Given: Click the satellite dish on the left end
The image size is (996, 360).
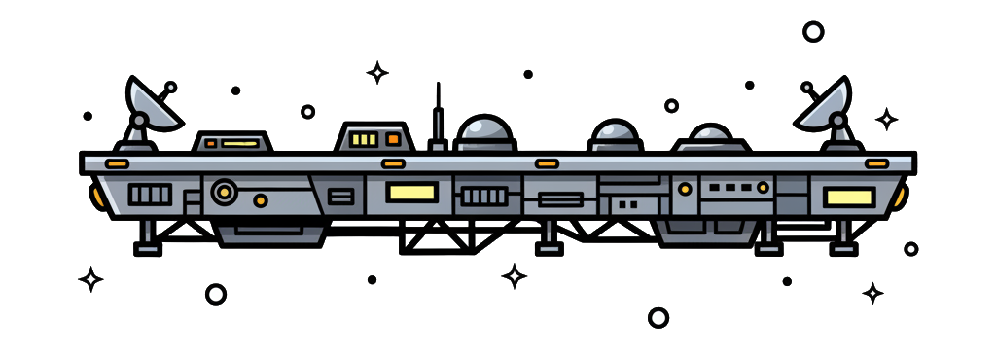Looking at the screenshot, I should (154, 105).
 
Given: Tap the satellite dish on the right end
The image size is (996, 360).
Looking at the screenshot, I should (827, 105).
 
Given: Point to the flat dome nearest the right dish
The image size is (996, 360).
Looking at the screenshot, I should (714, 138).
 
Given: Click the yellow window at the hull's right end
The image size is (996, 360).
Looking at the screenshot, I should (848, 198).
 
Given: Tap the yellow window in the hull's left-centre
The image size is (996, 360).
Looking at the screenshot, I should (410, 193).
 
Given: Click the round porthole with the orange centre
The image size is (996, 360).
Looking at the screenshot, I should (225, 192).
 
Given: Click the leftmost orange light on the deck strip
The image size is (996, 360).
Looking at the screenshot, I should (118, 162).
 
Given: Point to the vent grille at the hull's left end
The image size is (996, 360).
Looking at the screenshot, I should (150, 195).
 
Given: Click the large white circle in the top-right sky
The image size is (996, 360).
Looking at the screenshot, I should (813, 32).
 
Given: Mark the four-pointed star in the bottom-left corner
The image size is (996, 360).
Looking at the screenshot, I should (90, 280).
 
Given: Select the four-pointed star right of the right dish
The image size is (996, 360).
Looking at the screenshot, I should (886, 120).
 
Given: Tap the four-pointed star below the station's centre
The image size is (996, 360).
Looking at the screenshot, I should (515, 276).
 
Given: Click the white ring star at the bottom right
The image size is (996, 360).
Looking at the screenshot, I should (658, 317).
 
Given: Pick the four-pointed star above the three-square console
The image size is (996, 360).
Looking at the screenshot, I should (376, 72).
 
